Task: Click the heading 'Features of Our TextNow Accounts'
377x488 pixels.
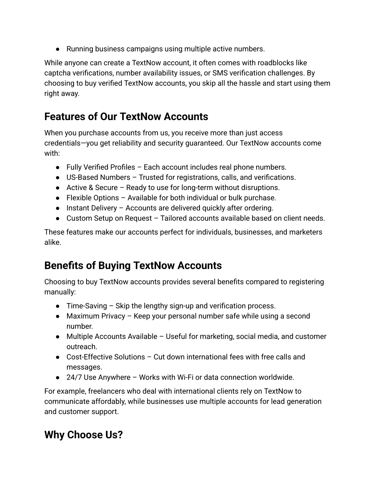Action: point(126,117)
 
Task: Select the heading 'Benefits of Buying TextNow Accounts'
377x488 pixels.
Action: point(133,266)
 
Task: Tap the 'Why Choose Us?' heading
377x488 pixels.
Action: point(83,435)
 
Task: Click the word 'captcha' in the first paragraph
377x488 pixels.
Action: point(57,73)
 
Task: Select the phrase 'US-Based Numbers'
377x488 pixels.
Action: point(98,178)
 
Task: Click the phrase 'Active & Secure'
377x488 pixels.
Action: point(92,188)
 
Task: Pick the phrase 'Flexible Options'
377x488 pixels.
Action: point(93,198)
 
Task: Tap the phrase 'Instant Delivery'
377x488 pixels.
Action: point(92,208)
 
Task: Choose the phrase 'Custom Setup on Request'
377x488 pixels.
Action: point(109,218)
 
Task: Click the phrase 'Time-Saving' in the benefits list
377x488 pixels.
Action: point(87,306)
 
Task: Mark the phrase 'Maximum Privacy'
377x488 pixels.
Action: point(96,316)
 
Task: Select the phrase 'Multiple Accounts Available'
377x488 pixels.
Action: point(112,337)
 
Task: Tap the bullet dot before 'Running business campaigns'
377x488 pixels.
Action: point(58,49)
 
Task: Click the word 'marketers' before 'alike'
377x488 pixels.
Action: point(306,232)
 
